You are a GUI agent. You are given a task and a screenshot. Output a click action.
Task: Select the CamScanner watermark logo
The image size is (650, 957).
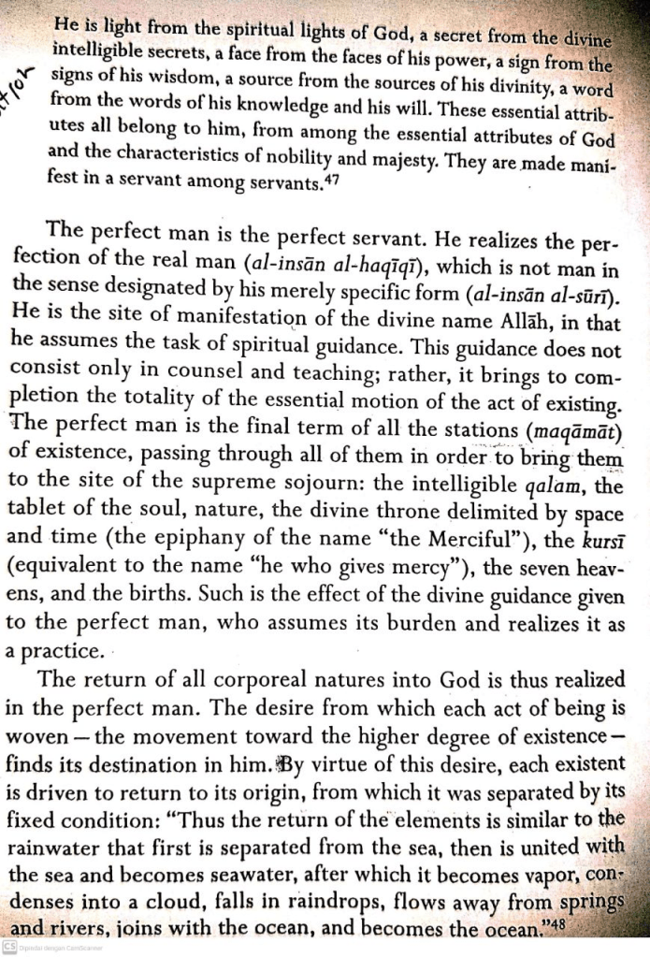[9, 948]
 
